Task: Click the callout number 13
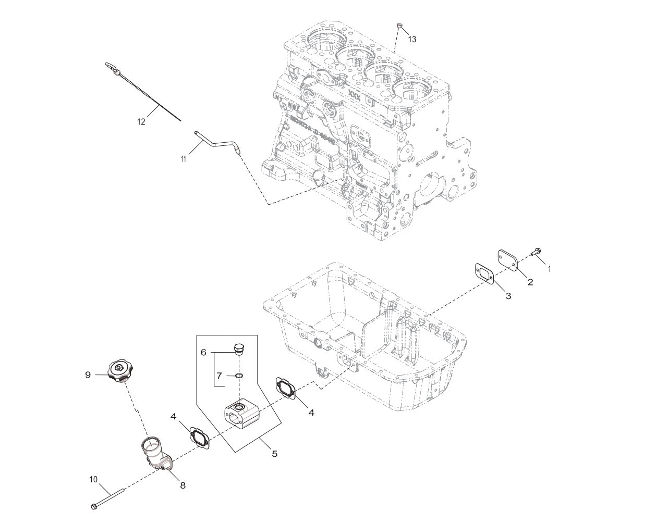pyautogui.click(x=412, y=39)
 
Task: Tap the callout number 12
pyautogui.click(x=141, y=122)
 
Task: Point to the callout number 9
pyautogui.click(x=88, y=374)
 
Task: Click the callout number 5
pyautogui.click(x=274, y=454)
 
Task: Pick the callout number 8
pyautogui.click(x=183, y=485)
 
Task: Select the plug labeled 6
pyautogui.click(x=239, y=348)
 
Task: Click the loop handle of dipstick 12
pyautogui.click(x=112, y=67)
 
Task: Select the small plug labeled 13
pyautogui.click(x=399, y=25)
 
